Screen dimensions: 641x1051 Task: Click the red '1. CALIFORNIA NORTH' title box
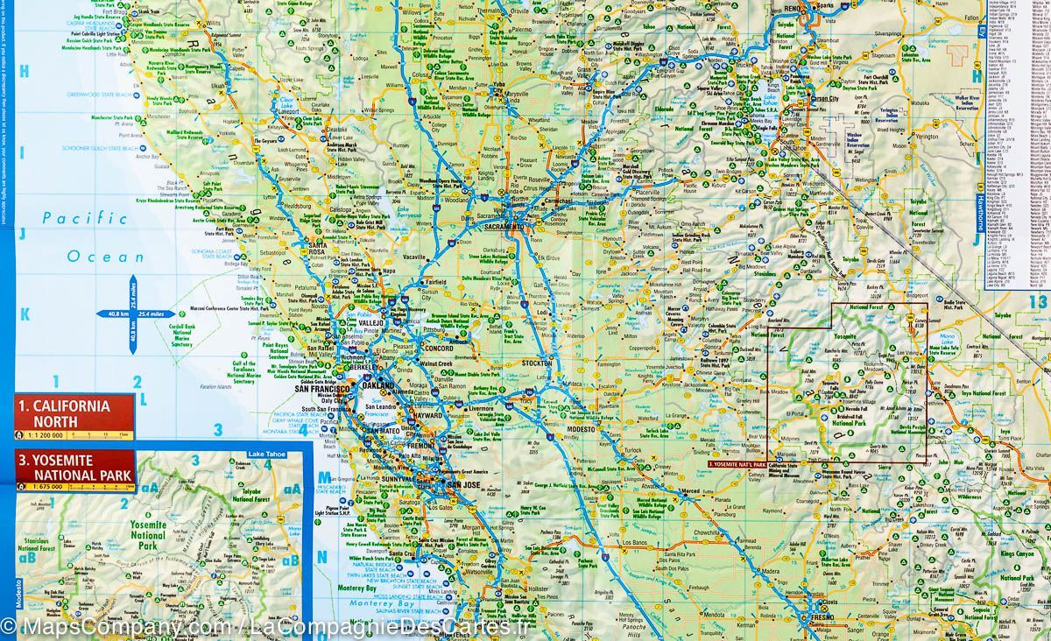coord(74,412)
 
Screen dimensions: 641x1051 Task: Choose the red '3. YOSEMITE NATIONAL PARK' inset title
coord(74,467)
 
